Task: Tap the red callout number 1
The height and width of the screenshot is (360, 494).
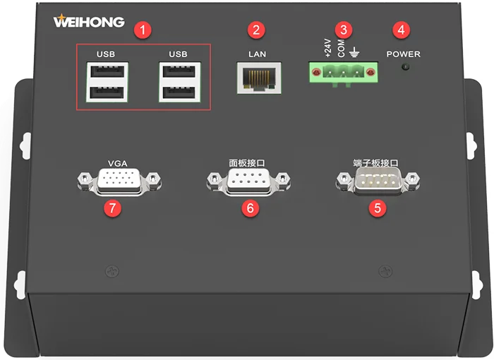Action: [x=144, y=30]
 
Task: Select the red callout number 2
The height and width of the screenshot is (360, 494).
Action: [x=255, y=30]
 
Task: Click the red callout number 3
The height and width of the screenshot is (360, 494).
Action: [x=344, y=30]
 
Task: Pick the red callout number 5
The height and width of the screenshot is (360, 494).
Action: [x=379, y=208]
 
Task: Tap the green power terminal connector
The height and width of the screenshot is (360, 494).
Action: [x=342, y=73]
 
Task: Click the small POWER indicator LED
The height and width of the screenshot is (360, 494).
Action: [x=404, y=68]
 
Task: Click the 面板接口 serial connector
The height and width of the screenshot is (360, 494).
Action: [x=248, y=181]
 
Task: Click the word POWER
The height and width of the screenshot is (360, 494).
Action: [x=403, y=54]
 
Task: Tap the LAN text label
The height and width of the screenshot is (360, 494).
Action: [x=257, y=54]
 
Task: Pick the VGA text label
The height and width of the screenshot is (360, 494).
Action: [x=117, y=163]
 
